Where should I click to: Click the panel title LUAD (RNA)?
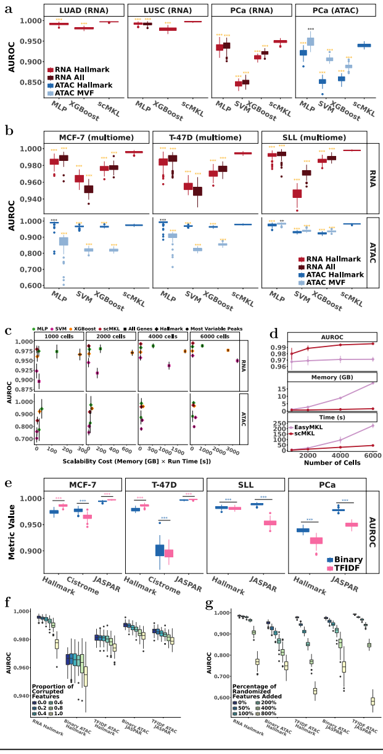[x=80, y=10]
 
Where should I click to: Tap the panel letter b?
[x=9, y=131]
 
